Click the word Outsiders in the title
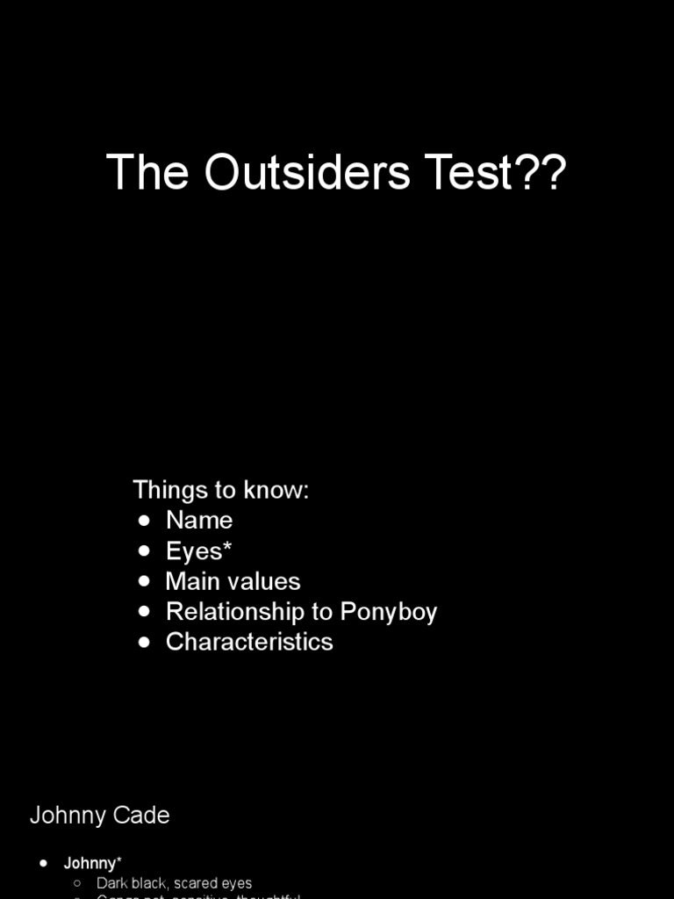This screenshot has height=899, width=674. (x=307, y=172)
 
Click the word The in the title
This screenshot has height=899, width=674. (x=147, y=172)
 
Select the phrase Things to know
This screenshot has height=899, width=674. (x=220, y=490)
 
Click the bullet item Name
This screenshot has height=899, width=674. (x=199, y=520)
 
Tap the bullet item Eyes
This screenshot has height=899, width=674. (x=194, y=551)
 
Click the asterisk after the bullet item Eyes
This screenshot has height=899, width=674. (x=227, y=548)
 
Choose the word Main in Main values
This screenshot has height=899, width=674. (x=190, y=581)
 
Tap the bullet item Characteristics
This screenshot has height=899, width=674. (x=249, y=642)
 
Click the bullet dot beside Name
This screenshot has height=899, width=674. (x=145, y=521)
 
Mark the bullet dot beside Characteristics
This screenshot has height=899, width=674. (x=145, y=643)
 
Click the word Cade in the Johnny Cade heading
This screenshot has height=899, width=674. (x=143, y=815)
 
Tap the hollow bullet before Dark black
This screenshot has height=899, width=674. (x=77, y=883)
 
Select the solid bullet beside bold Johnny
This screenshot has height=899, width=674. (x=44, y=864)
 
